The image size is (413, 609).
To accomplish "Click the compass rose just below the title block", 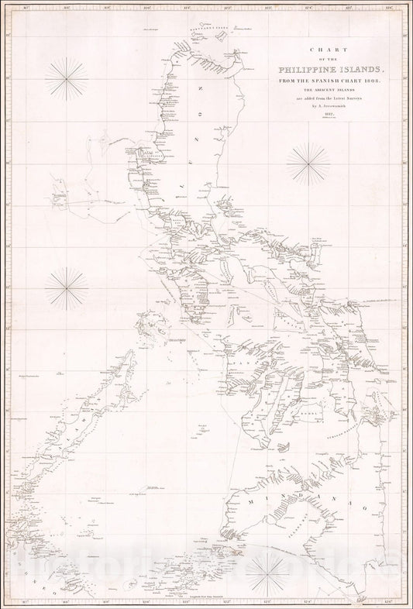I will pos(308,163).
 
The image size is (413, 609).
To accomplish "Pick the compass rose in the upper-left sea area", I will pos(66,79).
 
